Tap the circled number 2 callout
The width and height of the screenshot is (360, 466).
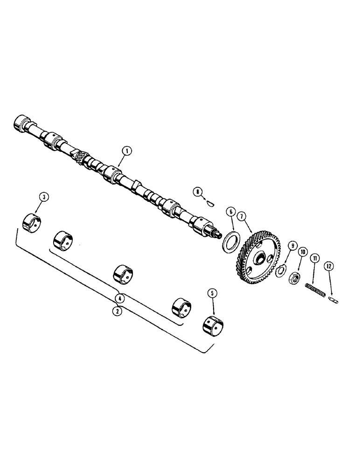(118, 311)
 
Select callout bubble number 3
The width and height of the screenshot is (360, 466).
(44, 198)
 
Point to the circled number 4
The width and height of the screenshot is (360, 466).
(120, 297)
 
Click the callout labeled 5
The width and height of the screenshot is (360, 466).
(213, 293)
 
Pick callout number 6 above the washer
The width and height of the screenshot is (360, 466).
(230, 211)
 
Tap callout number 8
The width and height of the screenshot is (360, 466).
(198, 191)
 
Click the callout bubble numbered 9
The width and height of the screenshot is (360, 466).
(292, 246)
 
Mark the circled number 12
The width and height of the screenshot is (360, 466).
(330, 267)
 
